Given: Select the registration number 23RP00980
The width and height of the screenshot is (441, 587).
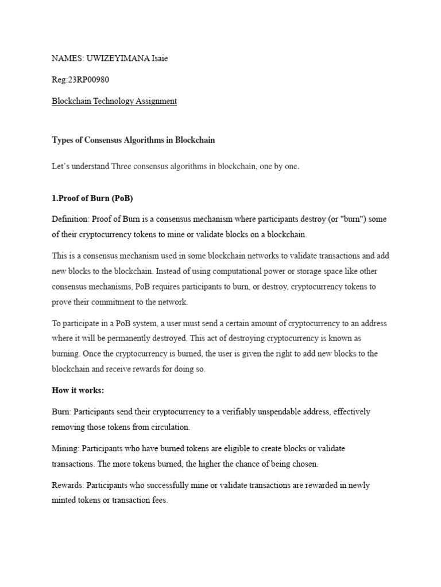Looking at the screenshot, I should click(x=92, y=80).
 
